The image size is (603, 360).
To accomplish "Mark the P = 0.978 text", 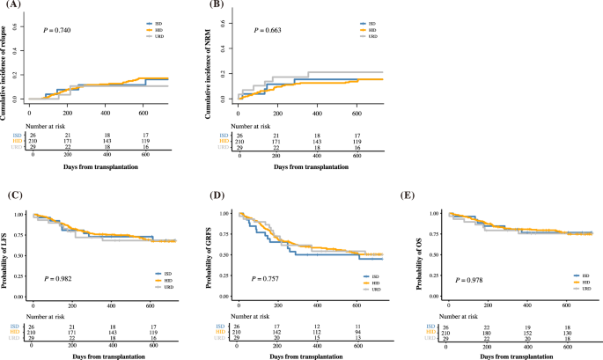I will click(469, 280).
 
